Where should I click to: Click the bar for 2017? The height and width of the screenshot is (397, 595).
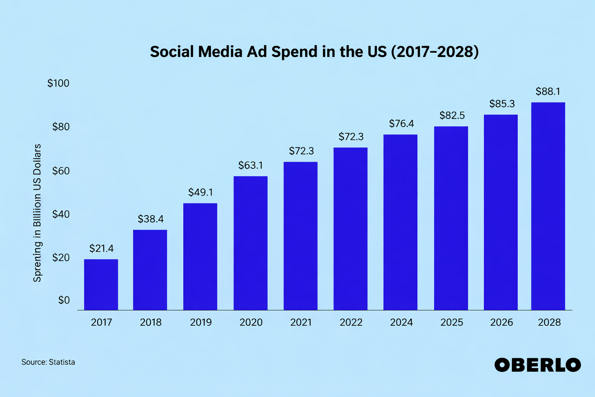[x=101, y=285]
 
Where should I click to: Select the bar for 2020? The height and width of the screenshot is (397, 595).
[x=250, y=243]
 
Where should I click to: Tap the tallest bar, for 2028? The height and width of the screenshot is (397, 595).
[x=548, y=206]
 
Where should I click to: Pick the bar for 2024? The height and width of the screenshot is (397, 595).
[x=400, y=222]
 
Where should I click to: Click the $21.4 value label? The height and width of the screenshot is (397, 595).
[x=101, y=249]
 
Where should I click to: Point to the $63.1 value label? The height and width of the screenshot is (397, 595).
[x=251, y=166]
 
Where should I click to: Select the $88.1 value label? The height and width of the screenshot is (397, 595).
[x=548, y=91]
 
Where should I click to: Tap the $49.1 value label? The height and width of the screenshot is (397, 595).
[x=201, y=192]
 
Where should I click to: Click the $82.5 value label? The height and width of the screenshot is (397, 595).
[x=452, y=116]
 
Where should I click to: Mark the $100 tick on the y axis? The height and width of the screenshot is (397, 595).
[x=58, y=83]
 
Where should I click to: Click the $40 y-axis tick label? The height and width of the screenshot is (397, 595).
[x=61, y=214]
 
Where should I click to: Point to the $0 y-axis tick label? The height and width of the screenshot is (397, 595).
[x=64, y=300]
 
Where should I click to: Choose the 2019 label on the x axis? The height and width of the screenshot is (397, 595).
[x=201, y=322]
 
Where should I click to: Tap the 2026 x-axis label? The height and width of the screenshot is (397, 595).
[x=501, y=322]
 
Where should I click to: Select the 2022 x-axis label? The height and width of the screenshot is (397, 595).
[x=351, y=322]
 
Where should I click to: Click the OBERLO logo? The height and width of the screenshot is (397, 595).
[x=538, y=365]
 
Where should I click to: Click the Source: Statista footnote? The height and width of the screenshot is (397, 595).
[x=48, y=362]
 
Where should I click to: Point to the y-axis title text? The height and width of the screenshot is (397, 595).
[x=37, y=213]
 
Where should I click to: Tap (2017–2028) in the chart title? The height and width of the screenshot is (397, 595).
[x=435, y=52]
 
